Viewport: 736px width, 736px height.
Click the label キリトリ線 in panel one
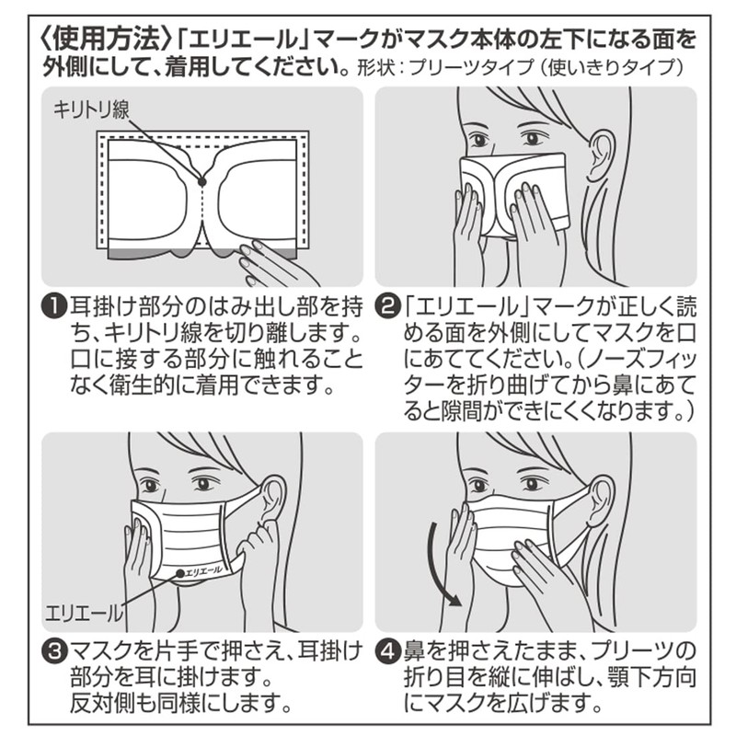point(91,110)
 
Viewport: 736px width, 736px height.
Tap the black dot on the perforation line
point(201,182)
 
